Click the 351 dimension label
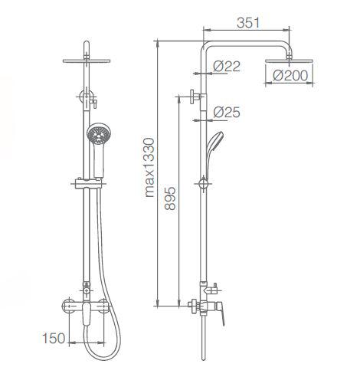248,23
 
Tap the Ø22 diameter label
227,67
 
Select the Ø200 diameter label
290,76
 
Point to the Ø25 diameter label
227,112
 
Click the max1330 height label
149,168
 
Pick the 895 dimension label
170,198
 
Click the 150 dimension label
54,338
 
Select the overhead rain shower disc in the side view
290,61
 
